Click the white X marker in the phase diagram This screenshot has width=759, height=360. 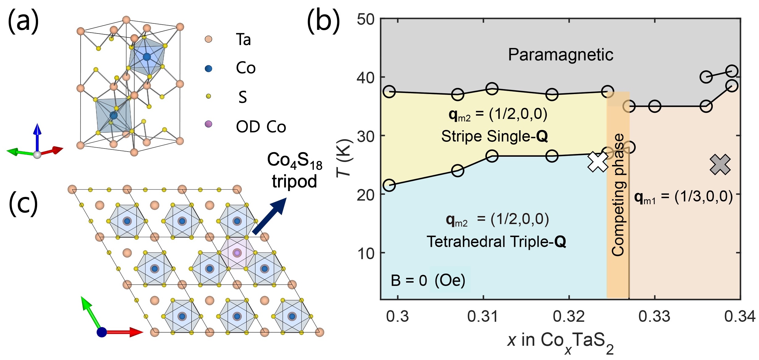(598, 162)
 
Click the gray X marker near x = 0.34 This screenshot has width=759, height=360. (720, 165)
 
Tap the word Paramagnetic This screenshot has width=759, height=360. (561, 55)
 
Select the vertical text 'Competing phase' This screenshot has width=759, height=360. (618, 195)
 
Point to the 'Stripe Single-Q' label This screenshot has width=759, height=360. (495, 136)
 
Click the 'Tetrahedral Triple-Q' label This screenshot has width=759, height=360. (496, 242)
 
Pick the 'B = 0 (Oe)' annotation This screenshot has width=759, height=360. (428, 280)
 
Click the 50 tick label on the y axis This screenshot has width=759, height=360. (366, 19)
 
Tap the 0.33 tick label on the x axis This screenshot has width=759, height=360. (654, 317)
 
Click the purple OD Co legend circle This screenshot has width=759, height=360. (208, 124)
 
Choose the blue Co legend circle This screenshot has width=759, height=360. (208, 68)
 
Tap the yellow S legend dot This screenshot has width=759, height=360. (208, 96)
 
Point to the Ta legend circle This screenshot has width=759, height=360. (208, 39)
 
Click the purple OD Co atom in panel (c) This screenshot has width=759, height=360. (237, 253)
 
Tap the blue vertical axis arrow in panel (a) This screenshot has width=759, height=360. (37, 137)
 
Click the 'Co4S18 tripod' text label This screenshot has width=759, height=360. (294, 170)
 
